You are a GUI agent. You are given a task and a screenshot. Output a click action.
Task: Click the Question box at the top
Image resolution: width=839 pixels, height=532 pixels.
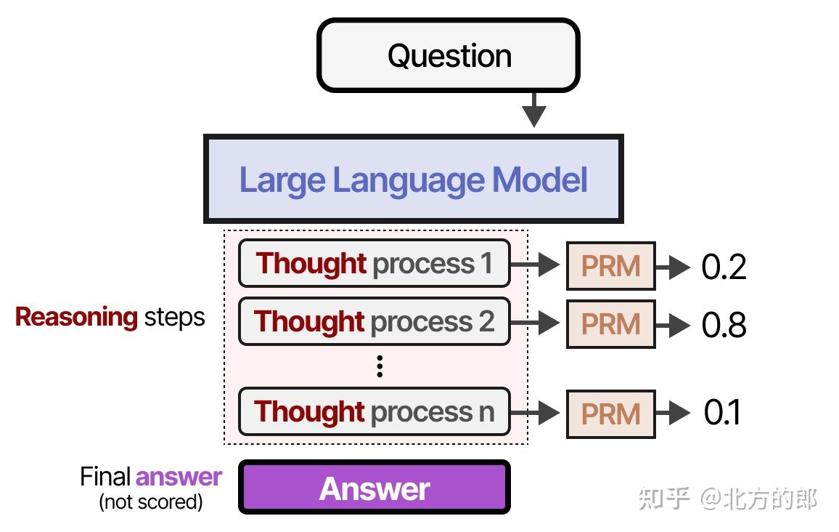click(448, 56)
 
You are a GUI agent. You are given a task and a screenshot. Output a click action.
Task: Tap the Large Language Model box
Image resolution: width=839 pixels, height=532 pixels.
click(413, 179)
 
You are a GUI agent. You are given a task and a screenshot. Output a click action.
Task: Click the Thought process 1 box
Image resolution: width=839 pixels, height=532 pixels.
click(374, 263)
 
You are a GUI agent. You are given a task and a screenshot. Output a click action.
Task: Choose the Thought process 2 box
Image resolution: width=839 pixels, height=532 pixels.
click(374, 321)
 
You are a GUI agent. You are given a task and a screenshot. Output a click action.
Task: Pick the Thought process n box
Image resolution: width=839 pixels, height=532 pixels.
click(374, 411)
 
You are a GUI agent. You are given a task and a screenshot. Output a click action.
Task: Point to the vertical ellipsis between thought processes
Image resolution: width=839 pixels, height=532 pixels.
click(379, 366)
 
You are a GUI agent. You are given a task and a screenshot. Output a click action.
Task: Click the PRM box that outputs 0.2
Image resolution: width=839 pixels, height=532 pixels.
click(610, 266)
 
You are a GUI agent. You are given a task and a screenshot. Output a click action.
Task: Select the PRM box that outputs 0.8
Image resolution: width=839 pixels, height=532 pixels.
click(610, 324)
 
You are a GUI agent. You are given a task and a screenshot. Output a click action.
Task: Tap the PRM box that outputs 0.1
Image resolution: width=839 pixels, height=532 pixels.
click(610, 414)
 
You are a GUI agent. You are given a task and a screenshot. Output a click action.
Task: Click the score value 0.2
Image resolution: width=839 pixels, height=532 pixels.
click(724, 267)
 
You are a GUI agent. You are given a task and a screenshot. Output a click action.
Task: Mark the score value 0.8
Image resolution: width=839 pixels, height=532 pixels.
click(724, 325)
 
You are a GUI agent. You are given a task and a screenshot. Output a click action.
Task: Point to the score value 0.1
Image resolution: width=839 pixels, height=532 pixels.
click(722, 413)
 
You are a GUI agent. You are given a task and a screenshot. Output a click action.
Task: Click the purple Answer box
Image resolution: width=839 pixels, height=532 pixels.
click(375, 488)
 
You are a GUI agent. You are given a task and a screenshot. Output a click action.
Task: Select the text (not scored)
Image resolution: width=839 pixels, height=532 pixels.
click(150, 501)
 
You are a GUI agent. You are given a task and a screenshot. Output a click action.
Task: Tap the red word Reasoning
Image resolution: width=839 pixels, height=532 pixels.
click(76, 317)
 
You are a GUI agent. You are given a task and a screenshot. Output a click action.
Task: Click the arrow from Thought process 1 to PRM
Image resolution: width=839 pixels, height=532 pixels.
click(537, 266)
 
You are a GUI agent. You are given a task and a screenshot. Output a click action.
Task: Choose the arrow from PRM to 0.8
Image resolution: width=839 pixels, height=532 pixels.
click(672, 325)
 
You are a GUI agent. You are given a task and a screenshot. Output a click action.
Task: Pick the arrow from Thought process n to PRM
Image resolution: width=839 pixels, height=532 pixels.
click(537, 413)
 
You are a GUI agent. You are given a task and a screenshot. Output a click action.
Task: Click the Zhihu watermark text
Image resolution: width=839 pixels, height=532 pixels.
click(727, 499)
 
